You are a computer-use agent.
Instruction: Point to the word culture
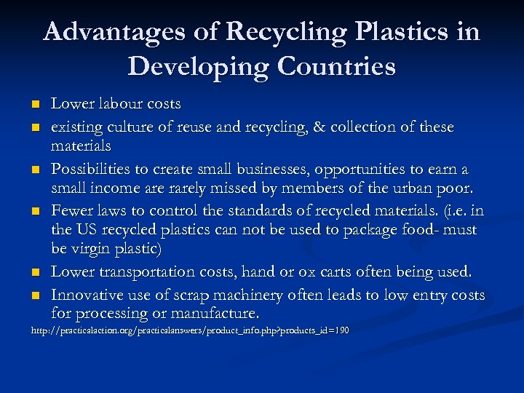129,127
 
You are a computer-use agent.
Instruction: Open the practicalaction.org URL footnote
189,331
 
